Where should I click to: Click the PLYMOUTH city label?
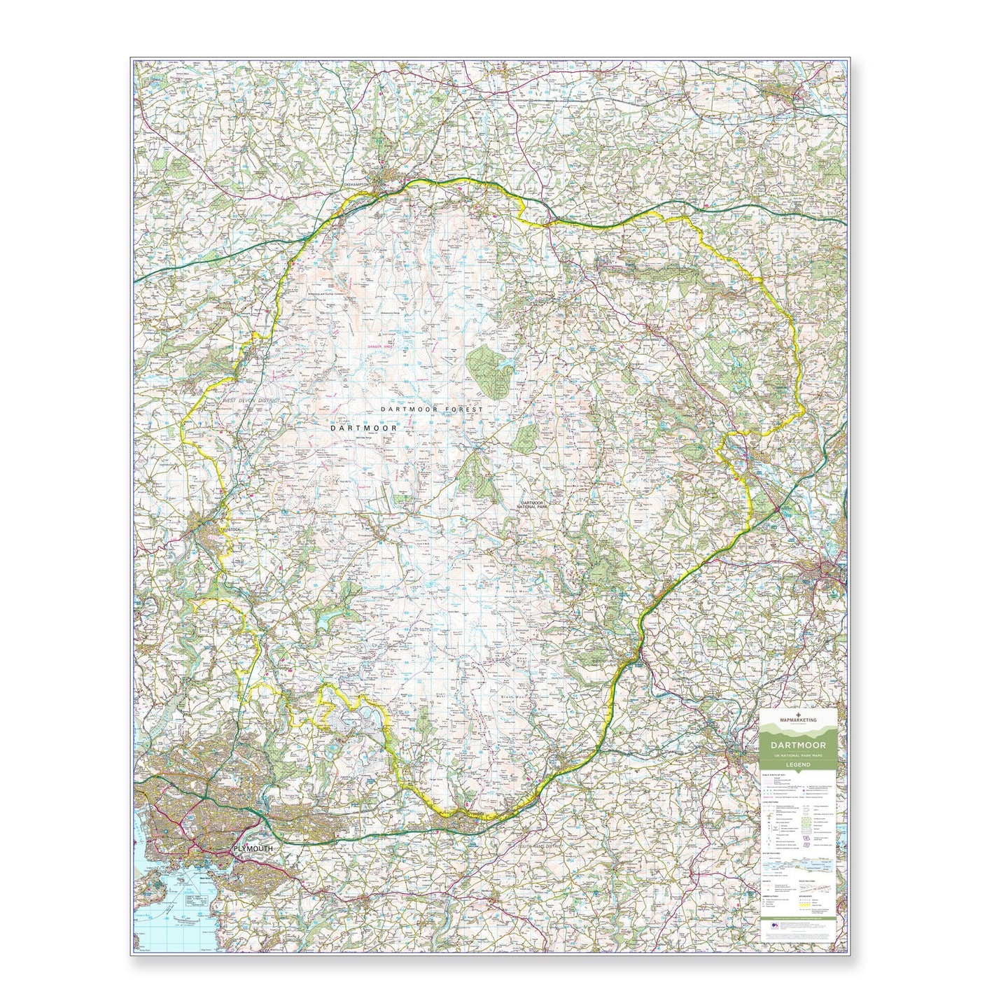(x=251, y=848)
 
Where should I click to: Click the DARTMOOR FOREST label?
(x=432, y=408)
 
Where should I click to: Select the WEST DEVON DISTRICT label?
(x=251, y=400)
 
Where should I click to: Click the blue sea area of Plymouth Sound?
(x=157, y=910)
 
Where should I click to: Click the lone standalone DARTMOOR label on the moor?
(x=364, y=427)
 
